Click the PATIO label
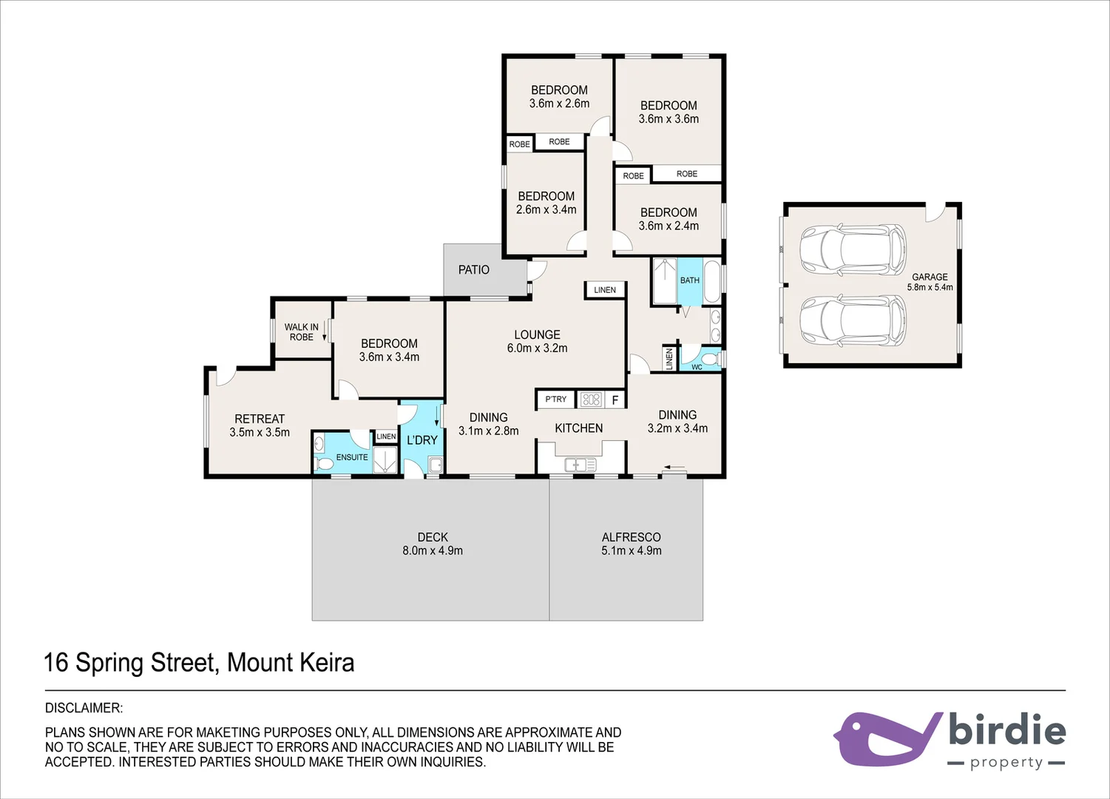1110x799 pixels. click(473, 270)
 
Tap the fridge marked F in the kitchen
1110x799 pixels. click(615, 400)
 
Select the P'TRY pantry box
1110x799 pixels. click(555, 399)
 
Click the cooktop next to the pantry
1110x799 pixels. click(591, 400)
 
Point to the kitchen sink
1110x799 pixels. click(580, 465)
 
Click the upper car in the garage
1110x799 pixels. click(852, 250)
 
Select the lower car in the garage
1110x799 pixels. click(852, 321)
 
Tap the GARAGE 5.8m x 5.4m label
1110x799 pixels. click(930, 282)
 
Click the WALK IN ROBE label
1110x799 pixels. click(301, 331)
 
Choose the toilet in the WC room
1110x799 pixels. click(709, 360)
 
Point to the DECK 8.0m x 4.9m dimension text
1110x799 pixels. click(433, 550)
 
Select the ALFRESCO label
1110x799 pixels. click(631, 537)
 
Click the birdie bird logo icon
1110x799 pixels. click(885, 738)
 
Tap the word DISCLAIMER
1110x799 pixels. click(84, 708)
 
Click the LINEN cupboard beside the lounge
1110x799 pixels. click(605, 290)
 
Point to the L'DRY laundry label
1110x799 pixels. click(422, 440)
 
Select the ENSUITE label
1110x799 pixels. click(351, 457)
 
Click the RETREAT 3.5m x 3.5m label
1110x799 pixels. click(260, 425)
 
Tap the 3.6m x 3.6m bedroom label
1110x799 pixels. click(669, 112)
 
